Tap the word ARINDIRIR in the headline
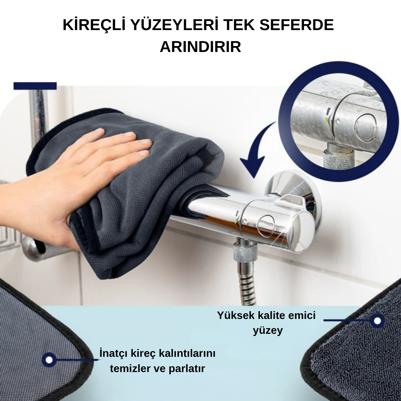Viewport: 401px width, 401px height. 200,47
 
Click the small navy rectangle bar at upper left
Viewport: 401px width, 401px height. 35,86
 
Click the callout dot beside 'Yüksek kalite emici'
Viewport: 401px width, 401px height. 377,320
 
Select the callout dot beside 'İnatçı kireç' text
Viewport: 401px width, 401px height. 49,359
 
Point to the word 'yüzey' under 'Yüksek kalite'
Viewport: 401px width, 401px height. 268,330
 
